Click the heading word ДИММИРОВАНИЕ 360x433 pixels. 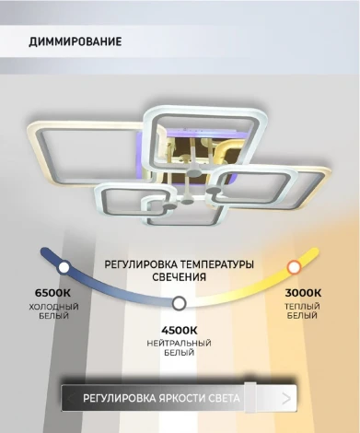click(75, 42)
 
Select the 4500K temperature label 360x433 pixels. click(180, 329)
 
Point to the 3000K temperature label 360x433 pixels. click(303, 293)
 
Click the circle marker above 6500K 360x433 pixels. click(64, 268)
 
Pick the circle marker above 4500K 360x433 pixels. click(180, 302)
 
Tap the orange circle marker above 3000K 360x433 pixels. click(294, 267)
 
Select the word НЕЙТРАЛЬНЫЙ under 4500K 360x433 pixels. click(180, 341)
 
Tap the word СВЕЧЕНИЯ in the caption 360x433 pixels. click(180, 275)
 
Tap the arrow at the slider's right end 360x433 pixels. click(287, 398)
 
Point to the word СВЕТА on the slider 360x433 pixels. click(225, 398)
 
